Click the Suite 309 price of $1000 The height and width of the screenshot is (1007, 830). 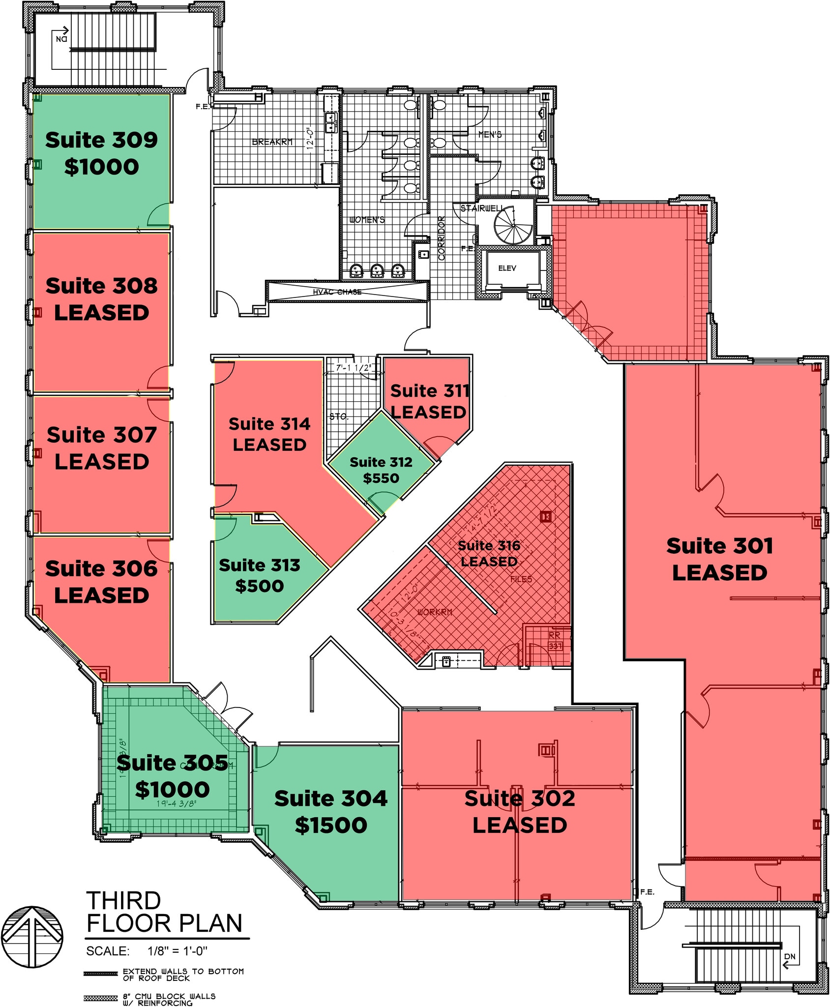[101, 167]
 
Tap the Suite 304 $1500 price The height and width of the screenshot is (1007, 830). [331, 826]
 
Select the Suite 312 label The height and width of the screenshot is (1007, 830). [381, 462]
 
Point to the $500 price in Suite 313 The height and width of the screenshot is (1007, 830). [259, 586]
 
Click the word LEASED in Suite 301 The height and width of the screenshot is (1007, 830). [719, 573]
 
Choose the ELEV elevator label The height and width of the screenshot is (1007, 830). [507, 268]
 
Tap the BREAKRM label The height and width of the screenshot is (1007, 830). [272, 142]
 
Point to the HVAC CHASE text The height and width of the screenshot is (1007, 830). [337, 292]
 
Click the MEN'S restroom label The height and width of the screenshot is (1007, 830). [490, 134]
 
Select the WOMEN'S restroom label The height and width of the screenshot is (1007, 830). [367, 220]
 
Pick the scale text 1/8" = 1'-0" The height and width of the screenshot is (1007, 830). [178, 951]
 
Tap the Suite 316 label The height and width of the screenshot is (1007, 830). [489, 545]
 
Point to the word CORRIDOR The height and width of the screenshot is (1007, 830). [441, 238]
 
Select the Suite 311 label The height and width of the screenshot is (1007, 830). [430, 391]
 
